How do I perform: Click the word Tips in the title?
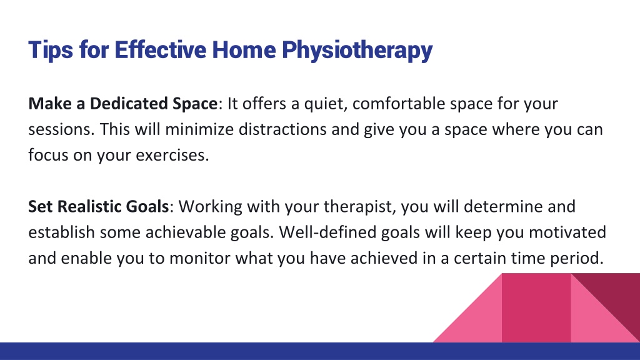click(x=51, y=50)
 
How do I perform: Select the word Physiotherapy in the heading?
click(x=357, y=51)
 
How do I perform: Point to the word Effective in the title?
click(x=161, y=50)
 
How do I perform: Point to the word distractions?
click(x=282, y=129)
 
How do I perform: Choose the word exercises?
click(x=172, y=155)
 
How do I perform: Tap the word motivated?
click(x=567, y=232)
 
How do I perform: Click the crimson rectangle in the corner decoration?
click(x=536, y=307)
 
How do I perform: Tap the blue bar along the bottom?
click(x=320, y=351)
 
